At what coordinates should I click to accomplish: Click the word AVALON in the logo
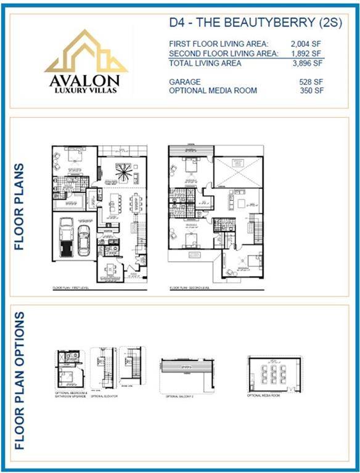[86, 81]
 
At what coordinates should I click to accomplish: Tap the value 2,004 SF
[307, 44]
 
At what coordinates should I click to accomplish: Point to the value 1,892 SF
[307, 54]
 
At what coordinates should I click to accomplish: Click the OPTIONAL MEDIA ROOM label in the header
[213, 91]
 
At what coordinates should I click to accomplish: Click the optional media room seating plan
[272, 373]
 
